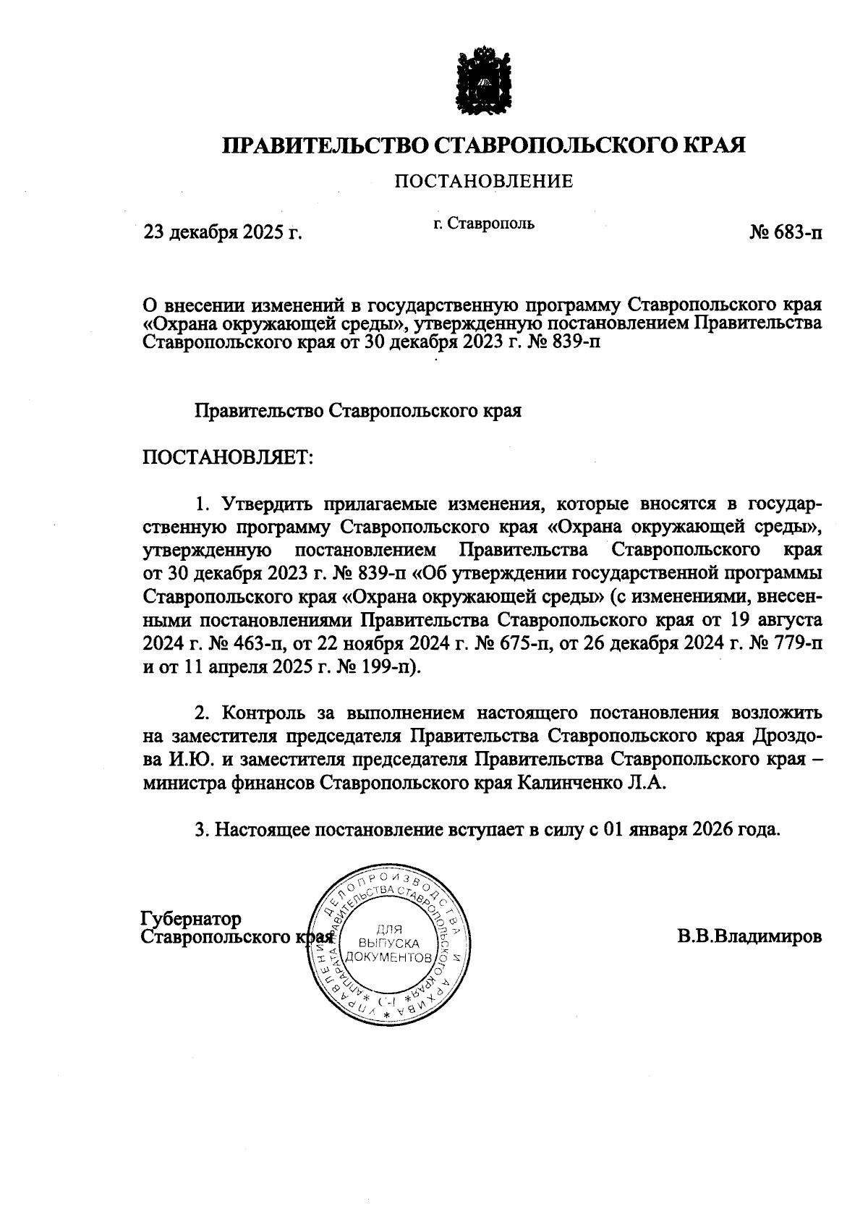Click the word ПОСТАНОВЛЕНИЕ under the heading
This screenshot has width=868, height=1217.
click(x=483, y=181)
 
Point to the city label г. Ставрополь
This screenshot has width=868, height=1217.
click(x=484, y=223)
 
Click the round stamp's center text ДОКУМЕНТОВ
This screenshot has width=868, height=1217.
click(x=390, y=957)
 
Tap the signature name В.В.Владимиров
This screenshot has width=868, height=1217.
click(x=749, y=937)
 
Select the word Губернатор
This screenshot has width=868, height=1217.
click(x=191, y=919)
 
